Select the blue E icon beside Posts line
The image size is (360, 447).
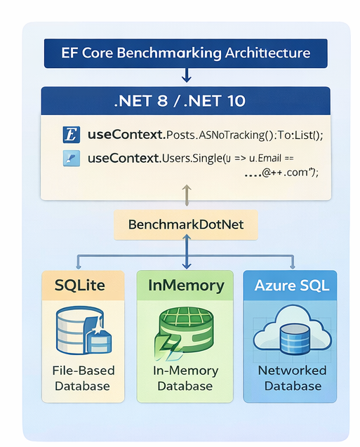click(x=71, y=133)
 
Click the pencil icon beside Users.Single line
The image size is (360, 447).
click(x=71, y=158)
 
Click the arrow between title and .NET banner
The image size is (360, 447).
click(x=187, y=74)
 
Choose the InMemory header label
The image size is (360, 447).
click(x=186, y=286)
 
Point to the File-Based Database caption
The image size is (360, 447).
click(x=84, y=378)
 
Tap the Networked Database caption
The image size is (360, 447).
click(x=292, y=378)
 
